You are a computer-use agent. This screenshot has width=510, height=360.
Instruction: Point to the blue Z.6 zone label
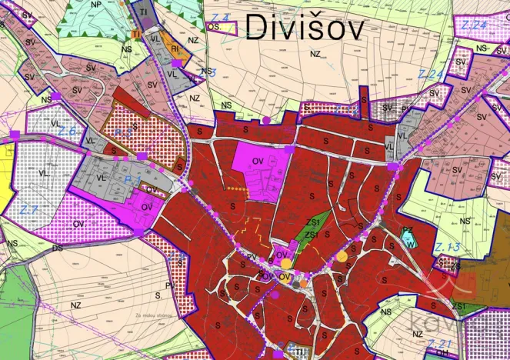point(67,132)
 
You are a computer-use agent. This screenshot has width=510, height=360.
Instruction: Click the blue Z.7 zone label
point(29,209)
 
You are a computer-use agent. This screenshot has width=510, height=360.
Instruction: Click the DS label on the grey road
point(57,248)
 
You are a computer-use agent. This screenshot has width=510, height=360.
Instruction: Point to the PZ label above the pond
point(408,230)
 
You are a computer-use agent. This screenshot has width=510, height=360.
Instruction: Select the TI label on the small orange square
point(135,35)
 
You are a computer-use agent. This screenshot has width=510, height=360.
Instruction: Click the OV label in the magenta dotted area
point(78,224)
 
